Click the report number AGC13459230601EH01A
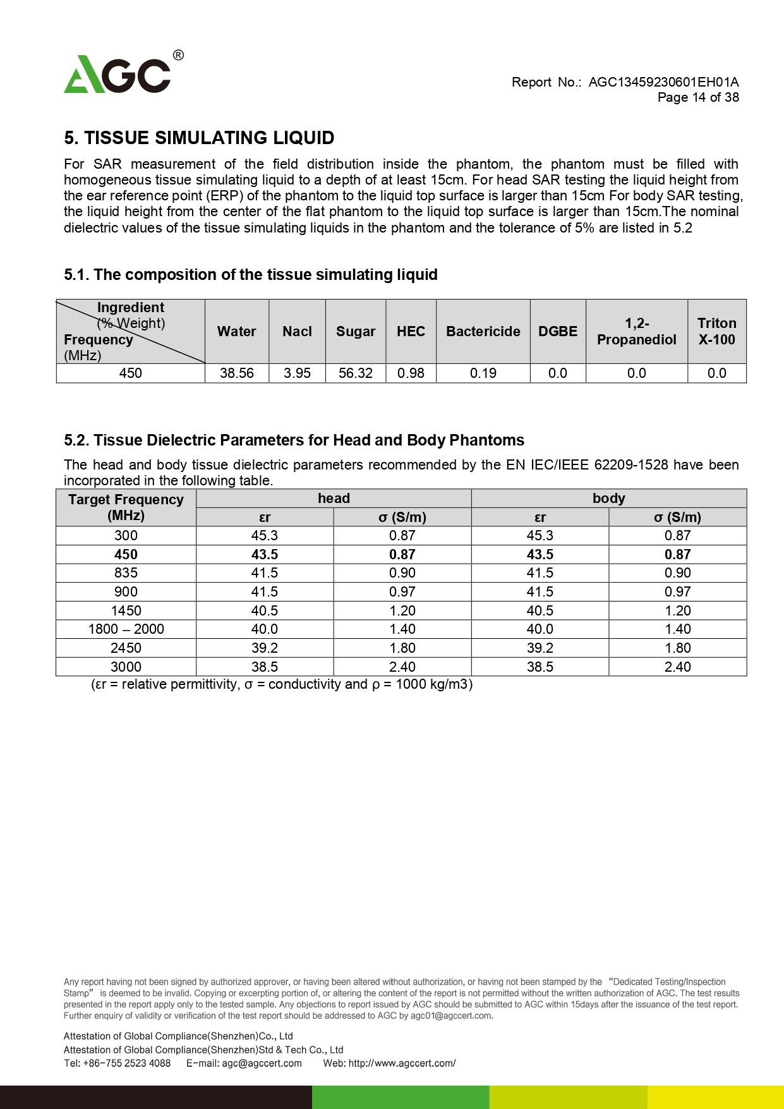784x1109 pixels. [663, 82]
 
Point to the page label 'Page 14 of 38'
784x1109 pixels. [698, 97]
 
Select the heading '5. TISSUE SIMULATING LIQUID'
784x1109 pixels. [199, 138]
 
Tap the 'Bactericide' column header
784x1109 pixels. [483, 332]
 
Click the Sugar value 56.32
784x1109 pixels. [356, 373]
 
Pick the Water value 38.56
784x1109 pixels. [237, 373]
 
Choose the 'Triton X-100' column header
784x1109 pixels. [716, 332]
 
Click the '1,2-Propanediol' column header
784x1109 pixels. [636, 332]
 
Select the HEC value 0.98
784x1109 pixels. [411, 373]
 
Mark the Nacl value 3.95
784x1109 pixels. [297, 373]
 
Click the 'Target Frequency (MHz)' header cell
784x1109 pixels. [126, 507]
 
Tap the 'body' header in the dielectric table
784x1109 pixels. [608, 499]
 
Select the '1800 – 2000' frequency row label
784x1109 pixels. [126, 629]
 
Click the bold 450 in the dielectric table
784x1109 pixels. [126, 555]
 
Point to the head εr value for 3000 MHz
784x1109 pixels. [264, 667]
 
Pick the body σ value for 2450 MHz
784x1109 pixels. [677, 648]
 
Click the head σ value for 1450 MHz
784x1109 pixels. [402, 611]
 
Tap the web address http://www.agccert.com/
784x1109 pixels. [402, 1064]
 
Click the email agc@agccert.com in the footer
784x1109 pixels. [262, 1064]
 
